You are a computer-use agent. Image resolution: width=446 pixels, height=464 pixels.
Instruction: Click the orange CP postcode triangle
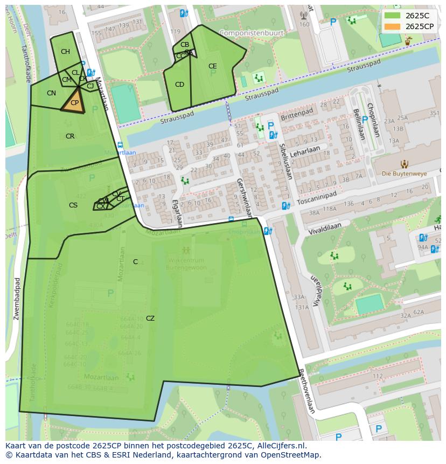tap(74, 103)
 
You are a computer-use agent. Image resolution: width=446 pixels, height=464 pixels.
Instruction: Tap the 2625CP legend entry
tap(419, 26)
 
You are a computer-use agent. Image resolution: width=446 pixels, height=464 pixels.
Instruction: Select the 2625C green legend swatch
tap(393, 15)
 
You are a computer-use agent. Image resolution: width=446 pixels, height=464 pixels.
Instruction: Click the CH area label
tap(65, 52)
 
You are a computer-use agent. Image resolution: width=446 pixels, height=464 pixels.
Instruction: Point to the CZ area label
tap(150, 318)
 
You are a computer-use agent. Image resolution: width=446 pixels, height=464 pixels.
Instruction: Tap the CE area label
tap(212, 66)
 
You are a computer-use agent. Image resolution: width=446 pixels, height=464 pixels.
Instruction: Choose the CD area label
tap(179, 85)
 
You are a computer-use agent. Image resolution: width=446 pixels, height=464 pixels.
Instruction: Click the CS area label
tap(73, 205)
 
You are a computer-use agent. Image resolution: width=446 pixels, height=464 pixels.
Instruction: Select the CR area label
tap(70, 136)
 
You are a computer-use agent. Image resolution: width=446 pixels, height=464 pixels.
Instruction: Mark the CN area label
tap(51, 93)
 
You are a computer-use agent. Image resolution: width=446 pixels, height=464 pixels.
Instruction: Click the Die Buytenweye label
tap(404, 174)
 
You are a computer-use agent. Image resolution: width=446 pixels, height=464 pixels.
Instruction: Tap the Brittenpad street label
tap(297, 114)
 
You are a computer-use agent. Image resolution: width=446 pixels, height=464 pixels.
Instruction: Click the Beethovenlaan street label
tap(306, 391)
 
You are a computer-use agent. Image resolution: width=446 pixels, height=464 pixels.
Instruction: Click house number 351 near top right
tap(434, 113)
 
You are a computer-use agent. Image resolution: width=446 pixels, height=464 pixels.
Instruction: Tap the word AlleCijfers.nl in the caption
tap(279, 446)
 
